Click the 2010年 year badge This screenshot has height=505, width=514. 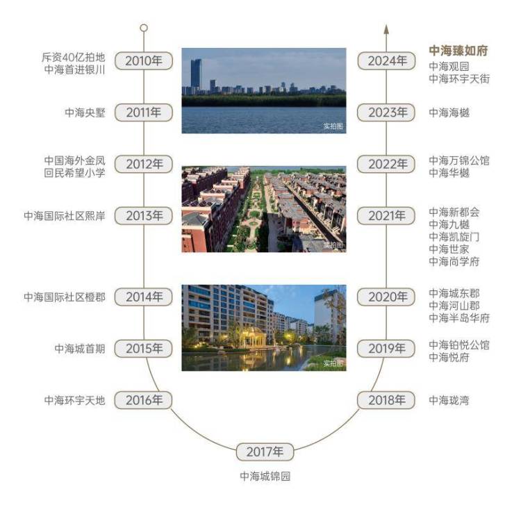[144, 60]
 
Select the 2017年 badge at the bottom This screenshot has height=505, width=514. [265, 452]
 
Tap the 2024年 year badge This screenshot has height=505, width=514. [386, 60]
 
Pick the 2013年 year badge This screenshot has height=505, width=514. [144, 216]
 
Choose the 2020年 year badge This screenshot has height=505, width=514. [386, 297]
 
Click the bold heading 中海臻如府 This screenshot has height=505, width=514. [458, 51]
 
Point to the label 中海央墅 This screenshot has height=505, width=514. [85, 113]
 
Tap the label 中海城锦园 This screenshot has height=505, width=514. [265, 476]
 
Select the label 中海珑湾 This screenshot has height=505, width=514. [449, 400]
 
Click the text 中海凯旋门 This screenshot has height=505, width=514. [454, 237]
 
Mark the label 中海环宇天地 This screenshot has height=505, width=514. [75, 400]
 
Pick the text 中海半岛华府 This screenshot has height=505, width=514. [459, 317]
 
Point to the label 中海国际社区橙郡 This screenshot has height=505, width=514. [65, 297]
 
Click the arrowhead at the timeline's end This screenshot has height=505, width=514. [386, 29]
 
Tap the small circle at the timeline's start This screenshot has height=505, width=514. [144, 28]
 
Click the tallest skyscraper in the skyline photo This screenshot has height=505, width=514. [196, 76]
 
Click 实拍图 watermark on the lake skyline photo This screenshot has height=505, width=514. [333, 126]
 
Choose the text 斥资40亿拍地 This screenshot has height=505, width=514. [74, 58]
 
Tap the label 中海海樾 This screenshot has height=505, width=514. [449, 113]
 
